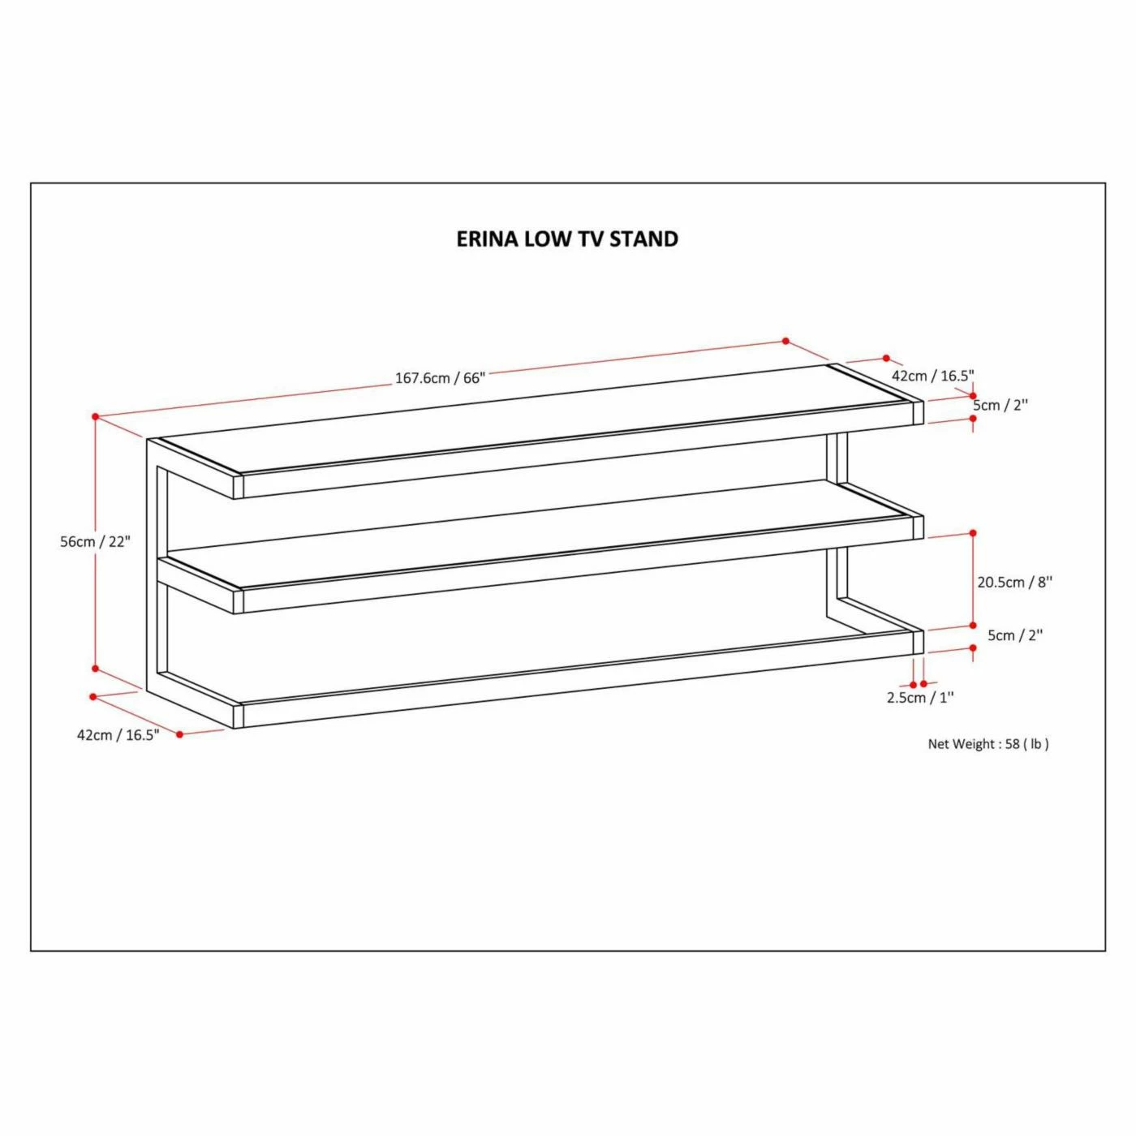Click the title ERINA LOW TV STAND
tap(567, 239)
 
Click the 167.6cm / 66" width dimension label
tap(440, 378)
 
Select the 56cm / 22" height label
tap(95, 541)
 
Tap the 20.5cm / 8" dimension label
tap(1015, 582)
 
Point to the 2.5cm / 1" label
tap(921, 697)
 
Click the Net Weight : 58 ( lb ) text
tap(988, 744)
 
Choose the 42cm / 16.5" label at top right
tap(932, 376)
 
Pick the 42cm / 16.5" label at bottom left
tap(118, 735)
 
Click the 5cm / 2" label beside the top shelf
tap(1000, 406)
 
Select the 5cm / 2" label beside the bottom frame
tap(1015, 635)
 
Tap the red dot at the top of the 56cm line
tap(96, 416)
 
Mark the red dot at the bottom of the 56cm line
tap(96, 668)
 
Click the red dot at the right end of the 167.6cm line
tap(785, 341)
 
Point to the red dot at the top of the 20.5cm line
tap(973, 533)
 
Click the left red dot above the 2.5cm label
tap(913, 684)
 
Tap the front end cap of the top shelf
tap(239, 486)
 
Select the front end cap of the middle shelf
tap(239, 601)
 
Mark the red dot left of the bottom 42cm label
tap(93, 696)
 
